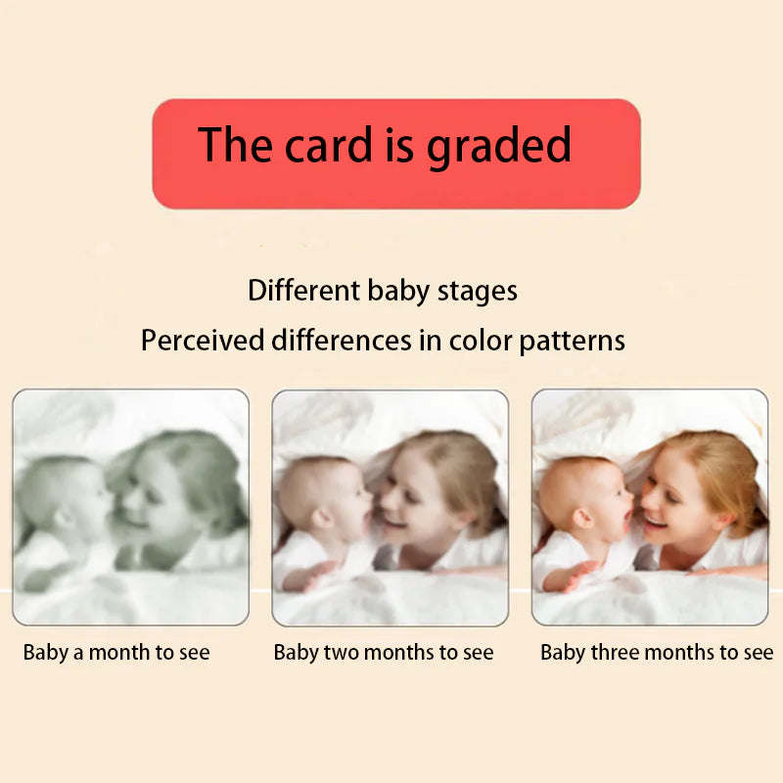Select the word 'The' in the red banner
236,145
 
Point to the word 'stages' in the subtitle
478,292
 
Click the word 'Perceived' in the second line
203,341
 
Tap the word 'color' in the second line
480,341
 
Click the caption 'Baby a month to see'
116,652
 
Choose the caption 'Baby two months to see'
384,652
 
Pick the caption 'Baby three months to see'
656,652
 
